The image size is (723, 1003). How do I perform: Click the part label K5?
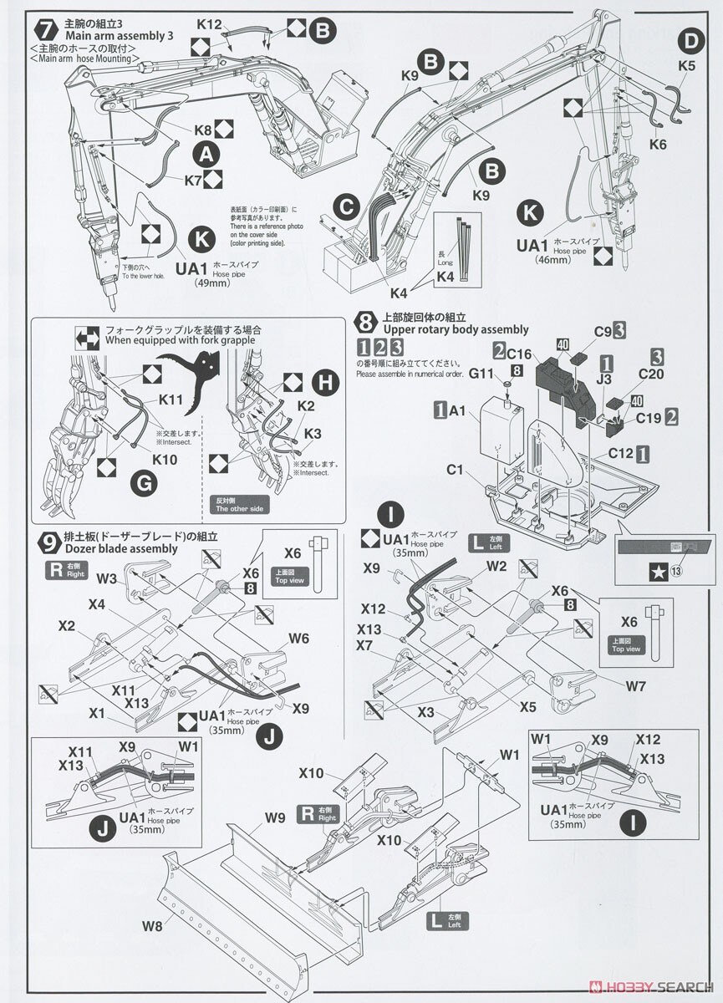[x=686, y=64]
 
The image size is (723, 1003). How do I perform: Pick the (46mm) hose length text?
[x=553, y=260]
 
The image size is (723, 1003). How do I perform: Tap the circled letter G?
[x=145, y=484]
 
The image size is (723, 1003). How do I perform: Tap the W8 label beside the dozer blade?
[x=152, y=925]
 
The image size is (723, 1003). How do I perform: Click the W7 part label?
[x=635, y=686]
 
